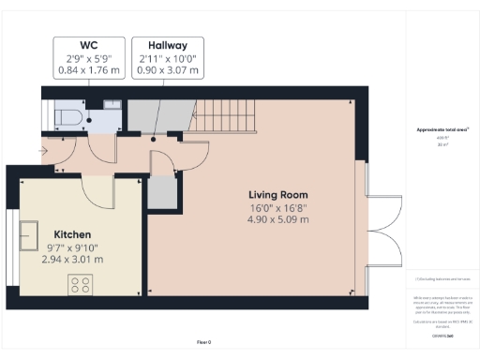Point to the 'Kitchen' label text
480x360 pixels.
tap(72, 234)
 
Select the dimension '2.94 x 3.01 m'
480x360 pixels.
tap(72, 259)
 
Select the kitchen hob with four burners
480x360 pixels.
tap(78, 283)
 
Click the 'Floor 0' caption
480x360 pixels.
tap(205, 343)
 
